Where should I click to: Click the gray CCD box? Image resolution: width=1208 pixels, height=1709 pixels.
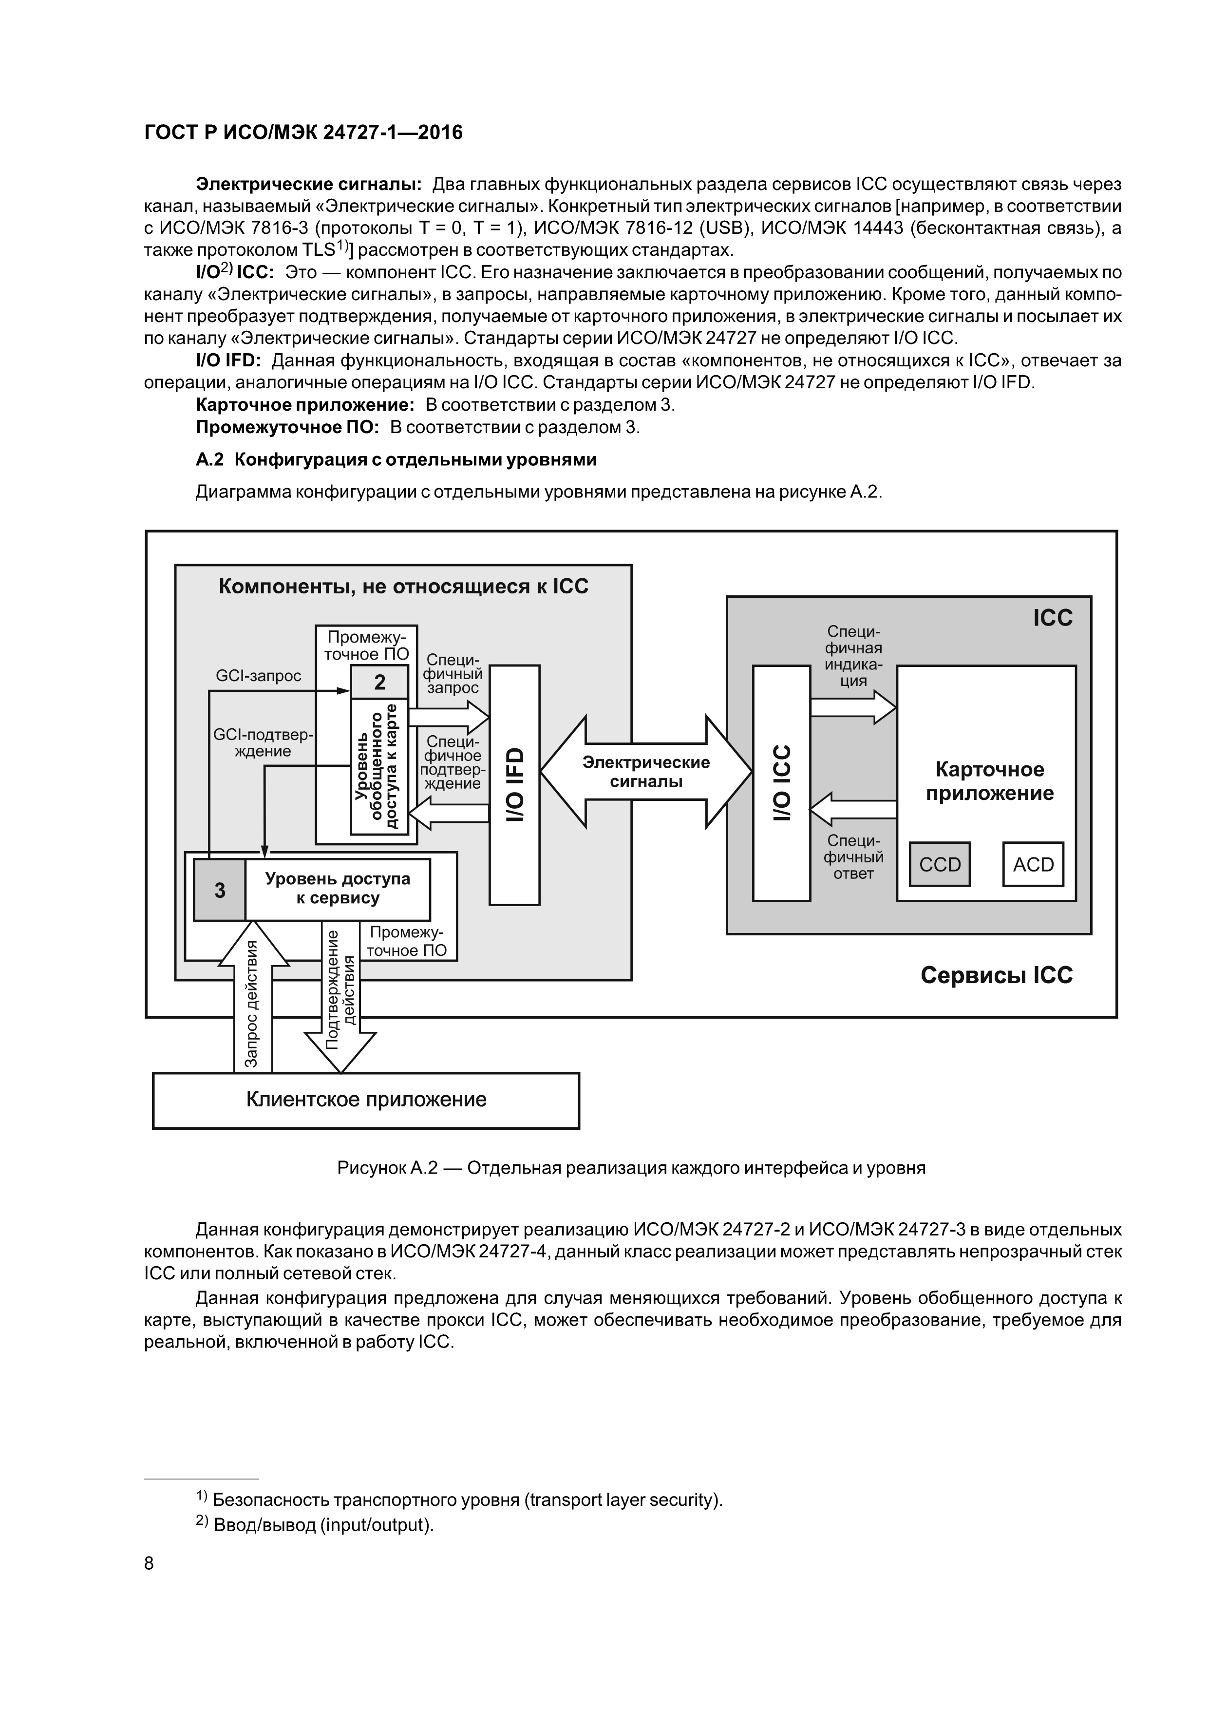[939, 864]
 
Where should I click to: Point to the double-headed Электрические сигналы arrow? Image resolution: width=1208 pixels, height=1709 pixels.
[645, 772]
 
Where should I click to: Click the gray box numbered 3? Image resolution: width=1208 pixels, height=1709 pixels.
[220, 890]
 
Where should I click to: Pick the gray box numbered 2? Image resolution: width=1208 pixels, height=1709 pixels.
[379, 682]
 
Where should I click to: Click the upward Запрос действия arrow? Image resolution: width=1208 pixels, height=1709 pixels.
[253, 997]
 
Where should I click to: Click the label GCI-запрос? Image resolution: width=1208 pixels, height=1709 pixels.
[258, 676]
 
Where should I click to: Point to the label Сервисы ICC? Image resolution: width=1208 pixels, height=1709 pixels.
[996, 975]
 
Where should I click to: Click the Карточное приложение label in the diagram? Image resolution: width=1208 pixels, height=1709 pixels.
[989, 781]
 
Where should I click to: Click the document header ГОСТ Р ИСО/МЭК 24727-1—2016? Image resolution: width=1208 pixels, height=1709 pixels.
[303, 133]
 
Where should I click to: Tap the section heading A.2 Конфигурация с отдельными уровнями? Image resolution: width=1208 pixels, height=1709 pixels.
[396, 460]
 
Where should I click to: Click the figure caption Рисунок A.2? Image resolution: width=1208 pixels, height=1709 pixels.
[631, 1168]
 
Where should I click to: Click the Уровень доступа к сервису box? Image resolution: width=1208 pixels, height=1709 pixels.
[337, 888]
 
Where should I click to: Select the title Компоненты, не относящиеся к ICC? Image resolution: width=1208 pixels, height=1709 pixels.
[403, 587]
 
